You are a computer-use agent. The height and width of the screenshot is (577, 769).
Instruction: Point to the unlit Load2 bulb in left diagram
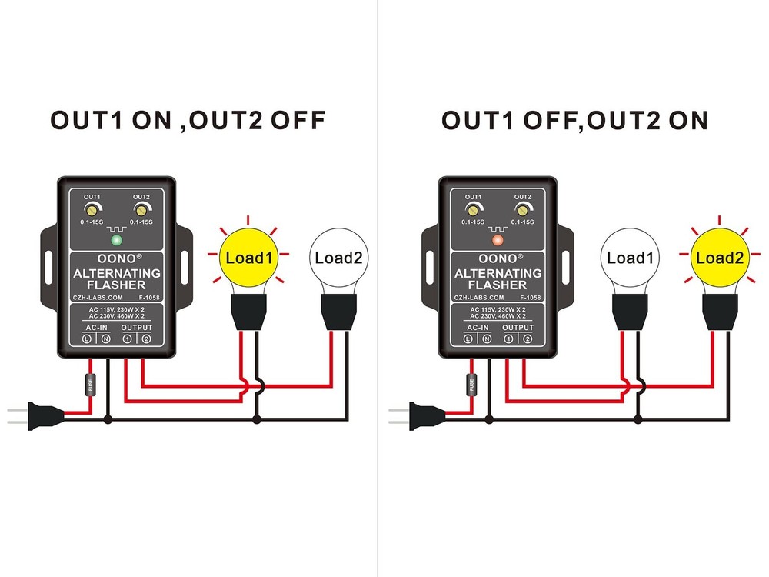pos(338,258)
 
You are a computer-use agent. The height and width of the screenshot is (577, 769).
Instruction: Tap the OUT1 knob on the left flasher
pos(92,209)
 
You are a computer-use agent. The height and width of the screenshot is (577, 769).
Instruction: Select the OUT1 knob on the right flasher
pos(473,209)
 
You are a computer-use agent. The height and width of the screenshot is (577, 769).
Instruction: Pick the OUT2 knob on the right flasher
pos(522,209)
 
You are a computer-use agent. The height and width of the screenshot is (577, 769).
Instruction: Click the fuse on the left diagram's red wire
pos(89,384)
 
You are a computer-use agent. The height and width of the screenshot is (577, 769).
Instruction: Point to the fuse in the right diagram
pos(471,384)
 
